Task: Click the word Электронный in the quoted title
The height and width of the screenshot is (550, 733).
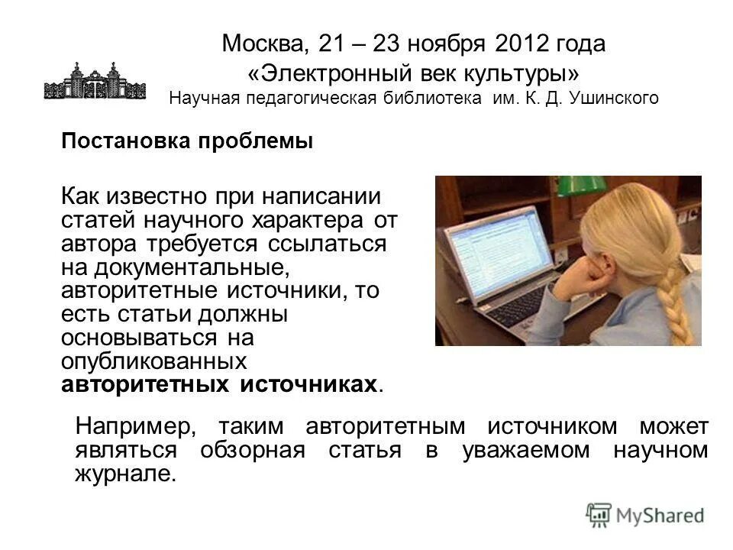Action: click(333, 73)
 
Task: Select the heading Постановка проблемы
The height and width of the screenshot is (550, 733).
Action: click(187, 142)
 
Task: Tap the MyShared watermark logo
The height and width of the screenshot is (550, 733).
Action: click(645, 514)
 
